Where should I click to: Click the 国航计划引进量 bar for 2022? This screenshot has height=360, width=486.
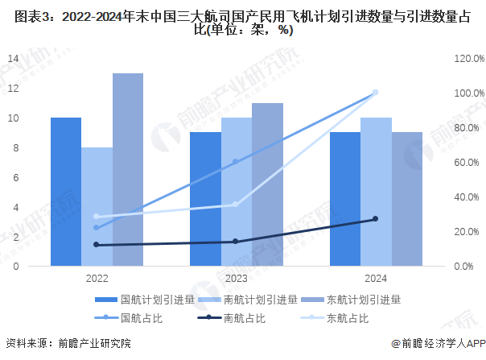(x=66, y=192)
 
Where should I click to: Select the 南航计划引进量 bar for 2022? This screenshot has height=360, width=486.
(x=97, y=206)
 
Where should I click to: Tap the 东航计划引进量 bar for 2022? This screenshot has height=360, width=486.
(x=128, y=169)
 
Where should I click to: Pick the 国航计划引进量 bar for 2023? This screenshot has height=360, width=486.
(x=205, y=199)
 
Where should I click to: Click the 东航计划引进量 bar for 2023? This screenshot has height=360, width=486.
(x=267, y=184)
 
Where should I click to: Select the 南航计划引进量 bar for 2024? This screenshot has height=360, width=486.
(x=376, y=192)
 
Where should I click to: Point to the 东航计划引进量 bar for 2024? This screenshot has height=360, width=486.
(x=406, y=199)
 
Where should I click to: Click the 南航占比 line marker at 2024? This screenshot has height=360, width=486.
(x=375, y=219)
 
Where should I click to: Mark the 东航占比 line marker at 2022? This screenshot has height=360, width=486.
(x=97, y=217)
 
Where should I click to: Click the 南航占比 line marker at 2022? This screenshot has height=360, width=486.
(x=97, y=245)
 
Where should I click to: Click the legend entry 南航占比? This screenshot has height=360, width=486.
(x=245, y=318)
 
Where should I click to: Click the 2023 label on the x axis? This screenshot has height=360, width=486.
(x=236, y=278)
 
